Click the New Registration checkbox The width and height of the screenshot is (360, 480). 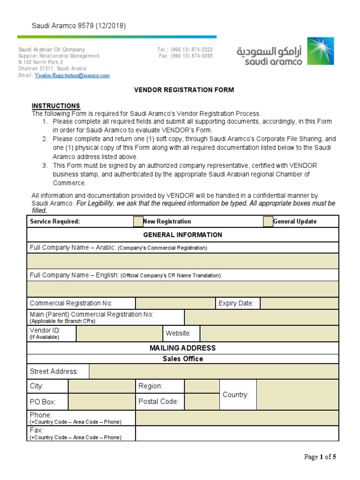pos(138,222)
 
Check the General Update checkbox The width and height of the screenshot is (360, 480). pos(268,222)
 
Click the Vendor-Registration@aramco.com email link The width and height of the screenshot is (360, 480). pos(72,75)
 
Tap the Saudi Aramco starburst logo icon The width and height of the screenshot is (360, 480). pos(321,51)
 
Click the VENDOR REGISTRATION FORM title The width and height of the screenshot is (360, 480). pos(184,90)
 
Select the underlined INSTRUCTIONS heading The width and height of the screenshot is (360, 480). pos(56,106)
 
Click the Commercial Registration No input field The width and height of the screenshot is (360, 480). pos(175,303)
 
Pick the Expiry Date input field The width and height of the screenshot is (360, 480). pos(299,303)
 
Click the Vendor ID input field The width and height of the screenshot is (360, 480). pos(119,334)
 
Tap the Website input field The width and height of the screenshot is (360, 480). pos(269,334)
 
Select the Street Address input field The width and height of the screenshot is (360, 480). pos(214,372)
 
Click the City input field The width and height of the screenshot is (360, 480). pos(102,386)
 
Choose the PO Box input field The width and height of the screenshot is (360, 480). pos(102,402)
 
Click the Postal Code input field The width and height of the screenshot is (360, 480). pos(202,402)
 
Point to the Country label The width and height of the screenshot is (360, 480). pos(235,395)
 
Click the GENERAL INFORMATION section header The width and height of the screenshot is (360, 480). pos(183,235)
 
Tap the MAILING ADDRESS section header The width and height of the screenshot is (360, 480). pos(183,348)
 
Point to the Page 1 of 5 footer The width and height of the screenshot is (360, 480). pos(320,457)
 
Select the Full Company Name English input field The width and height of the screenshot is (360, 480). pos(183,289)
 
